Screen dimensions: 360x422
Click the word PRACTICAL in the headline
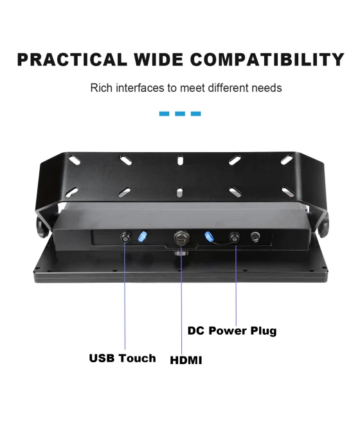pyautogui.click(x=71, y=60)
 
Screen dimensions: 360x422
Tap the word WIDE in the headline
pyautogui.click(x=159, y=60)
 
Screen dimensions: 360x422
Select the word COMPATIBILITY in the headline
pyautogui.click(x=267, y=60)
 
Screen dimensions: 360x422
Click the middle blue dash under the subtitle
pyautogui.click(x=180, y=114)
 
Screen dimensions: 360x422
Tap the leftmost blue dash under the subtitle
pyautogui.click(x=164, y=114)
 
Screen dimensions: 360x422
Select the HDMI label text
pyautogui.click(x=186, y=360)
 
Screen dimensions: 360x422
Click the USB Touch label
pyautogui.click(x=122, y=358)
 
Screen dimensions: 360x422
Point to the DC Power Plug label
pyautogui.click(x=232, y=331)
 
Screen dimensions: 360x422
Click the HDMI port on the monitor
pyautogui.click(x=182, y=236)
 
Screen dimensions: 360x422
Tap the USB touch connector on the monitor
pyautogui.click(x=125, y=237)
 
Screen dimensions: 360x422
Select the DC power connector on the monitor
pyautogui.click(x=235, y=238)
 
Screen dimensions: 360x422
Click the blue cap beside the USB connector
pyautogui.click(x=143, y=236)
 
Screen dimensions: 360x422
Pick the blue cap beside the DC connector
pyautogui.click(x=209, y=236)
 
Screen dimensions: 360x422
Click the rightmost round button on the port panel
pyautogui.click(x=255, y=237)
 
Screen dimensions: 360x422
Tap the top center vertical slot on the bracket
pyautogui.click(x=180, y=160)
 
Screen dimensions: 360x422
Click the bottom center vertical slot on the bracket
pyautogui.click(x=180, y=192)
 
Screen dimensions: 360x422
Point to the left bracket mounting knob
pyautogui.click(x=42, y=227)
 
